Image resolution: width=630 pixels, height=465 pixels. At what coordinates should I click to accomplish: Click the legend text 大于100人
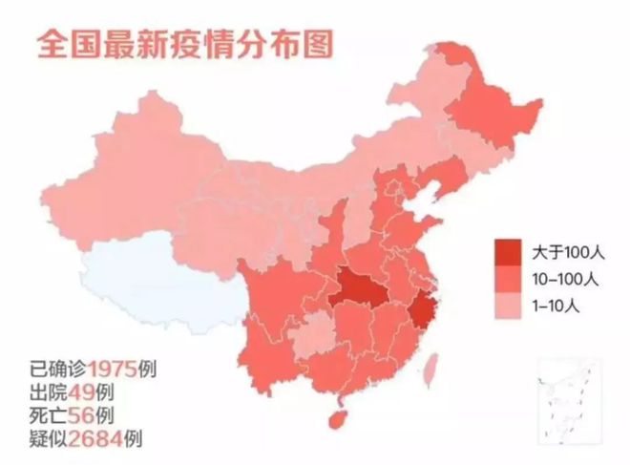[564, 253]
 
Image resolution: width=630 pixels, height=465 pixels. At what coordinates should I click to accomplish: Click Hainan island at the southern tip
[335, 419]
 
